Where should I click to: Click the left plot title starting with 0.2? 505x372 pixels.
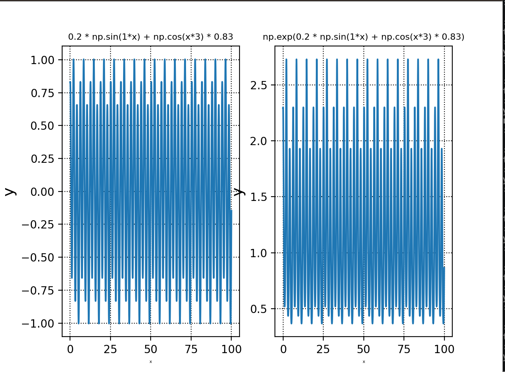[151, 37]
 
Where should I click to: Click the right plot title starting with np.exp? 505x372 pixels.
[363, 37]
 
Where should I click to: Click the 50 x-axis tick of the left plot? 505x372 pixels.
[151, 348]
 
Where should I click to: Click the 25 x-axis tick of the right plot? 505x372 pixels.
[323, 348]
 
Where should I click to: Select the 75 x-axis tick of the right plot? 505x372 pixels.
[404, 348]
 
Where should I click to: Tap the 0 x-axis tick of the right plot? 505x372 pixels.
[283, 348]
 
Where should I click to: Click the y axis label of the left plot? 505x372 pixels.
[11, 191]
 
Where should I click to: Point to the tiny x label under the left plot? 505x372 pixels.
[151, 361]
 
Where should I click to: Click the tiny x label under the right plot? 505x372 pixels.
[363, 361]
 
